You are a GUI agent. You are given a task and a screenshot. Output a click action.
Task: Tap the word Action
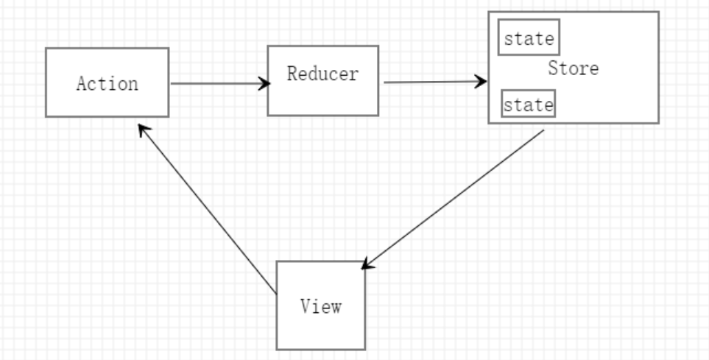pos(107,83)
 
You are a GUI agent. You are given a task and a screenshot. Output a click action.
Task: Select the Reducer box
pos(322,96)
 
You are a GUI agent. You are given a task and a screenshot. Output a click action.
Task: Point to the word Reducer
pos(322,74)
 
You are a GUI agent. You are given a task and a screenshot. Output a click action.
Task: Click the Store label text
pos(573,69)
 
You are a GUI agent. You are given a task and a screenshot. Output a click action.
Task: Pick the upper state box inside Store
pos(529,39)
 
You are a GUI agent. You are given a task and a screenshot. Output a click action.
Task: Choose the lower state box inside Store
pos(528,105)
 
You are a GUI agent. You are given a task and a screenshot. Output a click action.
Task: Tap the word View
pos(320,306)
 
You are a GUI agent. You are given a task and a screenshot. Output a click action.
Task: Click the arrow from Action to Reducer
pos(217,83)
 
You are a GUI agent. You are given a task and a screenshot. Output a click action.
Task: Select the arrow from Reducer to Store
pos(434,82)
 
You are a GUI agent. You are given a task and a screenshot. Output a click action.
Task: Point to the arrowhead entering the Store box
pos(482,82)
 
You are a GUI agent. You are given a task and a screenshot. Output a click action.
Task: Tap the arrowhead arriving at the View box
pos(367,264)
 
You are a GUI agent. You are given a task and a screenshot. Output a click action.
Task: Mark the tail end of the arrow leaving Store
pos(543,131)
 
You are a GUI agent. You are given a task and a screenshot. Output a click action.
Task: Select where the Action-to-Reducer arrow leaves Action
pos(172,83)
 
